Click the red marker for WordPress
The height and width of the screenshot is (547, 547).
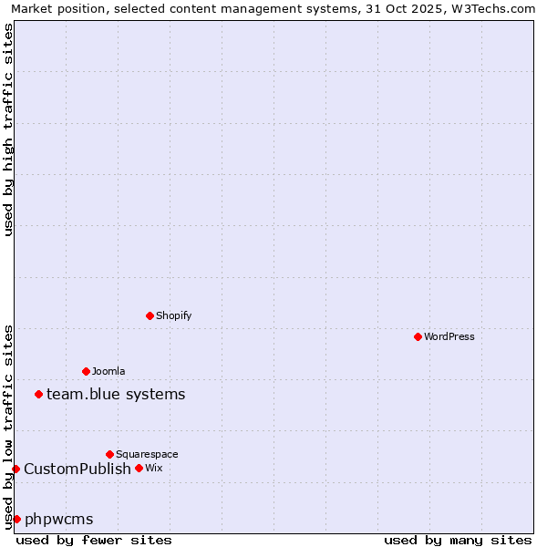pyautogui.click(x=418, y=336)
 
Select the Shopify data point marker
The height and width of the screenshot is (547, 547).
pyautogui.click(x=150, y=315)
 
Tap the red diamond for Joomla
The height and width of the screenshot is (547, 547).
pyautogui.click(x=86, y=371)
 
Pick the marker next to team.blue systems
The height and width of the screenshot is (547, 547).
pyautogui.click(x=38, y=394)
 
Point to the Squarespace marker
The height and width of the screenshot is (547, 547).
pyautogui.click(x=109, y=454)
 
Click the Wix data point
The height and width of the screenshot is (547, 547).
pyautogui.click(x=139, y=468)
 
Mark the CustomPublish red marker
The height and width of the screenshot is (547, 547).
pyautogui.click(x=15, y=469)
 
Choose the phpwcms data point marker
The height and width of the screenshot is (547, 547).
pyautogui.click(x=16, y=519)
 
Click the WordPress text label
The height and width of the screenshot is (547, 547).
pyautogui.click(x=449, y=336)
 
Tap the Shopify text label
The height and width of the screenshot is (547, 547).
pyautogui.click(x=174, y=315)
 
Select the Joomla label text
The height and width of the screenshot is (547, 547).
pyautogui.click(x=108, y=371)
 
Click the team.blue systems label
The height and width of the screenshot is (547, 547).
pyautogui.click(x=116, y=394)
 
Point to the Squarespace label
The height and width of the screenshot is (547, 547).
pyautogui.click(x=147, y=454)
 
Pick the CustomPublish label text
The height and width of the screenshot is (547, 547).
pyautogui.click(x=77, y=469)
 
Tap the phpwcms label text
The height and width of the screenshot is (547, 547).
pyautogui.click(x=59, y=519)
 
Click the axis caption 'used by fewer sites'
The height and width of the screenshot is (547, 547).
pyautogui.click(x=94, y=540)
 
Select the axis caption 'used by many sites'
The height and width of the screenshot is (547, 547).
pyautogui.click(x=458, y=540)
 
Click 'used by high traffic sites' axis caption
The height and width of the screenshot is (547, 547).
pyautogui.click(x=8, y=129)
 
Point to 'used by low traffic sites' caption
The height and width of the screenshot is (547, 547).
pyautogui.click(x=8, y=427)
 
